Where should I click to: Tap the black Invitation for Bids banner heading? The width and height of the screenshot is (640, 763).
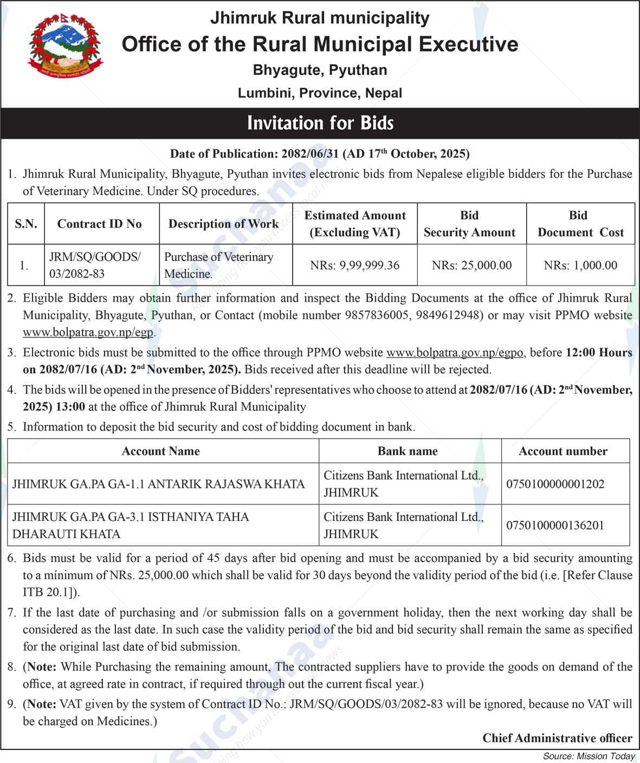coord(320,123)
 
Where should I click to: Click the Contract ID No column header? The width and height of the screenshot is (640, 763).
coord(99,224)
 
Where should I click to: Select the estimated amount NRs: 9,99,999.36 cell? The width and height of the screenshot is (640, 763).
coord(354,265)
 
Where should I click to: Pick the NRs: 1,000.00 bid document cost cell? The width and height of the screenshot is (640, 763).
coord(580,265)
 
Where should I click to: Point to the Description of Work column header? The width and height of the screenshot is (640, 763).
coord(223,224)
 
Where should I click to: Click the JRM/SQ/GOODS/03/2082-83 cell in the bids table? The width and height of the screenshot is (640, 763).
coord(95,265)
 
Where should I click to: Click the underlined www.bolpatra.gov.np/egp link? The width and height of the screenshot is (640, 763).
coord(88,332)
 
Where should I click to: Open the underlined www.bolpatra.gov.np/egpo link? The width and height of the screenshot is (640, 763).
coord(455,353)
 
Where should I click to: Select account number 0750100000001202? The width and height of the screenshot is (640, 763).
coord(555,484)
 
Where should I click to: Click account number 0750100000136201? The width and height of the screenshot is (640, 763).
coord(555,525)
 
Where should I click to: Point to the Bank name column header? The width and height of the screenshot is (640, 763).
coord(408,451)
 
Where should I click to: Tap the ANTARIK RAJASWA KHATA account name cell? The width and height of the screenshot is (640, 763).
coord(159,484)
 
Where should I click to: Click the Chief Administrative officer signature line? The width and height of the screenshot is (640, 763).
coord(557,738)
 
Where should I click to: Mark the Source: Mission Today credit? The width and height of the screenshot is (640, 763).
coord(589,756)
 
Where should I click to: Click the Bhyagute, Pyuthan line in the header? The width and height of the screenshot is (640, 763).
coord(320,70)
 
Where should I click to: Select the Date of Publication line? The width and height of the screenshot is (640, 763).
coord(320,154)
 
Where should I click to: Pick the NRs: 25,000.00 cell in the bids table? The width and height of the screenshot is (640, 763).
coord(471,265)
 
